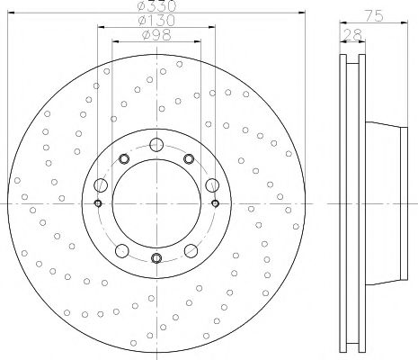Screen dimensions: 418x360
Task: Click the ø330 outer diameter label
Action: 156,5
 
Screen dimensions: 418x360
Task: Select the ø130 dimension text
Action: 156,21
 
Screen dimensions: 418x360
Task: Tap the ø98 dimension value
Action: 156,35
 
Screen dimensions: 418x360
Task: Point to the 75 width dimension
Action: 374,15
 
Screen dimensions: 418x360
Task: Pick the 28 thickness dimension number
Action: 352,35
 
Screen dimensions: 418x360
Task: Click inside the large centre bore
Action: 156,203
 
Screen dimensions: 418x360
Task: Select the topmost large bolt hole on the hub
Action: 156,145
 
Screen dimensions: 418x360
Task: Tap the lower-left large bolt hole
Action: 122,251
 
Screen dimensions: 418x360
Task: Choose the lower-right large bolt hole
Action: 191,251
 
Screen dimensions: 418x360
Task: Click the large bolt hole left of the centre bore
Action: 101,184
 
